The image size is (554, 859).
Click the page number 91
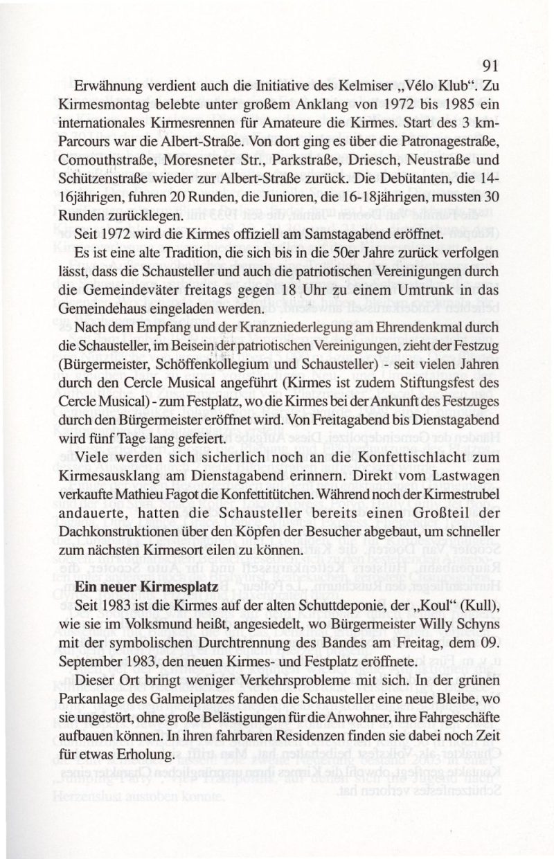490,66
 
